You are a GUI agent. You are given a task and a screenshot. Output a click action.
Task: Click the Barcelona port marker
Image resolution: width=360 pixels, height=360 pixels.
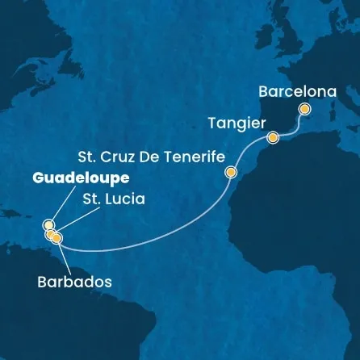tap(304, 109)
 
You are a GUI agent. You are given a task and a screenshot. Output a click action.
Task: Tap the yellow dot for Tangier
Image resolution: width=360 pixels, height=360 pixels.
tap(273, 137)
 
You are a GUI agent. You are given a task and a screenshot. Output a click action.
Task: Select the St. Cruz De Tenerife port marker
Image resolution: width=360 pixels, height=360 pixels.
tap(232, 172)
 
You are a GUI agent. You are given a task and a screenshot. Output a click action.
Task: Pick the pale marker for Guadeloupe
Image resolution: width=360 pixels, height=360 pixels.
tap(48, 225)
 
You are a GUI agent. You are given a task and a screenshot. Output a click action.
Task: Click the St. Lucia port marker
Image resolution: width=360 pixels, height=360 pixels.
tap(51, 235)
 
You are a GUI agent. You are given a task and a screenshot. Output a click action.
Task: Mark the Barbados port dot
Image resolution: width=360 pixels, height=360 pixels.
tap(57, 237)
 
